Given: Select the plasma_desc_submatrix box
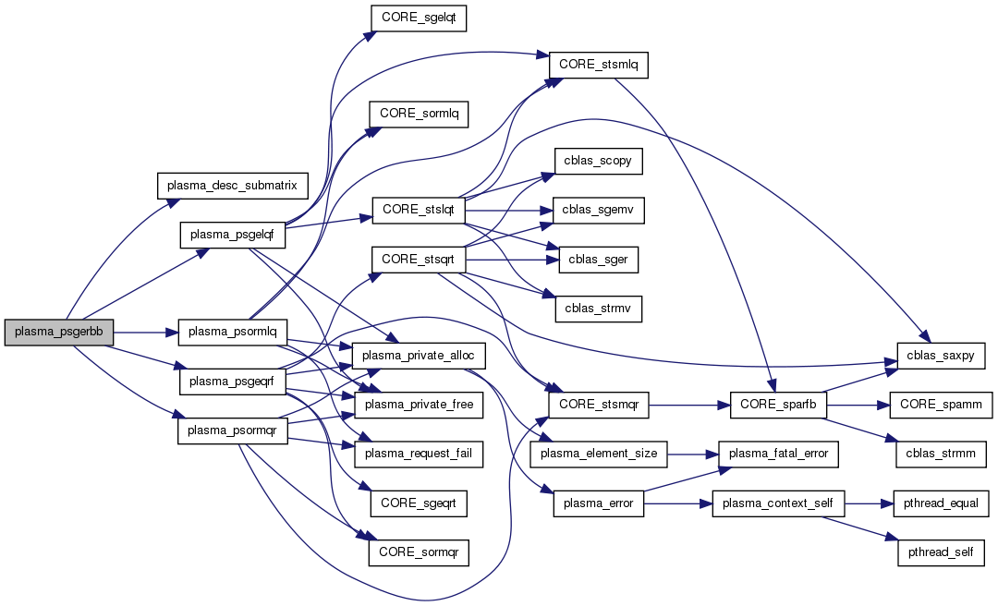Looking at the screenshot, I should (x=232, y=186).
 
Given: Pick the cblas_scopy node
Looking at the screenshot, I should (x=598, y=161).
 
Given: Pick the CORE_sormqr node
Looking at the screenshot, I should (x=418, y=553).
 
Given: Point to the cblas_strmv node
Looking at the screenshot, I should (x=598, y=309).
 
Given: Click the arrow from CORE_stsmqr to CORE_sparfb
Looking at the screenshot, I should (x=689, y=404).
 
